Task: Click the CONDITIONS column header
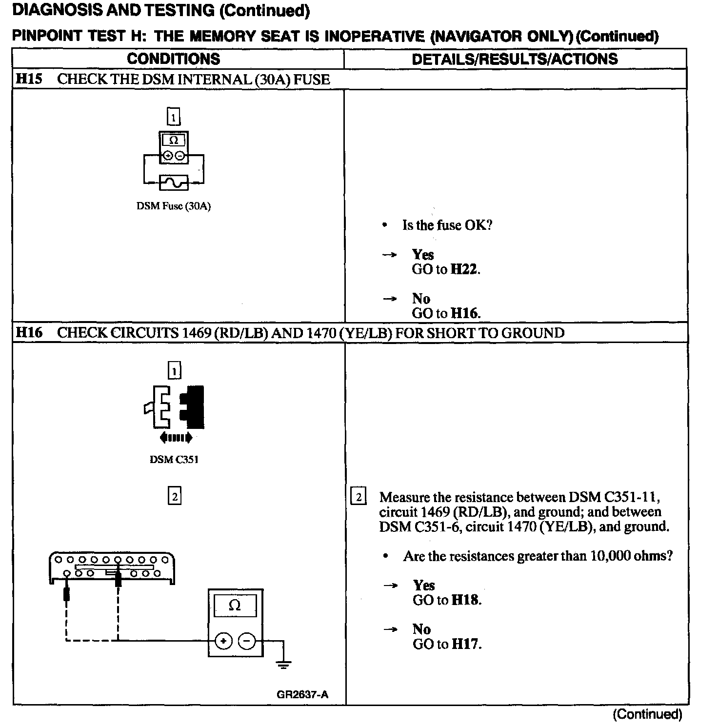(173, 59)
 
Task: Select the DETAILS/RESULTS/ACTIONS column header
(515, 59)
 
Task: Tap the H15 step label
(29, 79)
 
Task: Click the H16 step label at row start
(29, 333)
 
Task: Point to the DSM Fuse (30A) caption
(173, 206)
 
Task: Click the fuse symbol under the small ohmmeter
(174, 183)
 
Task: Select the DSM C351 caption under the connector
(174, 460)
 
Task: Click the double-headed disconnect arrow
(176, 438)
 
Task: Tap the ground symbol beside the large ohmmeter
(284, 664)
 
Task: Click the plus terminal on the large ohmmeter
(223, 641)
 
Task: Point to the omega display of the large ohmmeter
(235, 606)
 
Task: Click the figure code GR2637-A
(302, 695)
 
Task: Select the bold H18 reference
(465, 600)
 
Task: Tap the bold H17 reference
(465, 644)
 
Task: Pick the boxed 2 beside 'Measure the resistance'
(359, 497)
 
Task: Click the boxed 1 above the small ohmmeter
(174, 117)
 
